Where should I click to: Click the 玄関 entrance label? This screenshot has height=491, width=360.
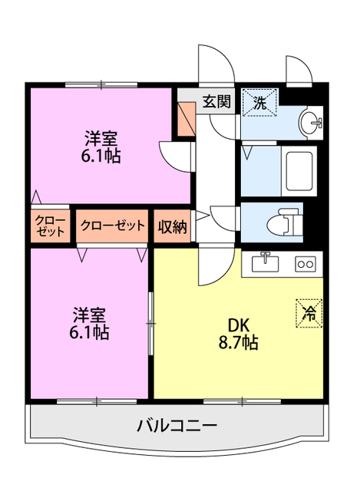pos(216,101)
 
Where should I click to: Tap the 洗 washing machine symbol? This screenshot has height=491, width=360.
pos(260,103)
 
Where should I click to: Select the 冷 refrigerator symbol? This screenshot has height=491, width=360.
pos(309,312)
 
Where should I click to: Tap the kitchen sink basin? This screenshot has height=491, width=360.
pos(265,262)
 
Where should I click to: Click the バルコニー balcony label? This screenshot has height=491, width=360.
pos(177,424)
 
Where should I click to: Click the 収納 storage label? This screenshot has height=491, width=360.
pos(173,226)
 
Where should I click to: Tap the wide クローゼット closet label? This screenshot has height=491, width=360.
pos(112,226)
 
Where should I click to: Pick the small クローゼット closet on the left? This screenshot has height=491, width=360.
pos(49,226)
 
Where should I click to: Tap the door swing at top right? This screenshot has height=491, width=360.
pos(297,71)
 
